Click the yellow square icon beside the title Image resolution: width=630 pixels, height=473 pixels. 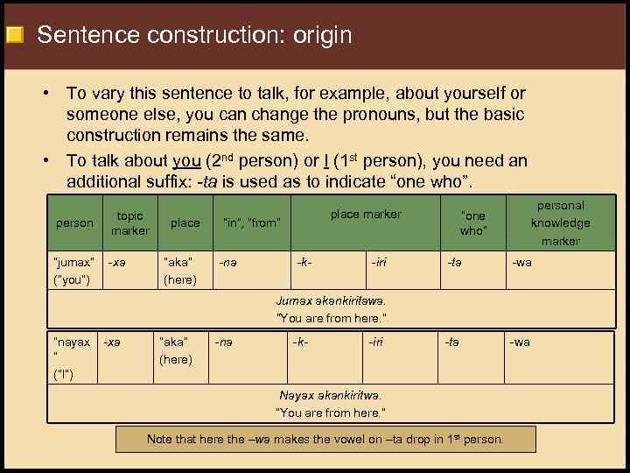[14, 36]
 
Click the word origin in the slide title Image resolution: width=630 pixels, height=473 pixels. [311, 35]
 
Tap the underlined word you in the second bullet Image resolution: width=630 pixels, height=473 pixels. [186, 160]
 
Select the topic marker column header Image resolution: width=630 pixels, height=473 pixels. [129, 222]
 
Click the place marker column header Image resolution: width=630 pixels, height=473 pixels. [366, 214]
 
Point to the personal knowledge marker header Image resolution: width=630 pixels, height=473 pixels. [560, 222]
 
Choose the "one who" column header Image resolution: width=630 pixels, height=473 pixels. [472, 222]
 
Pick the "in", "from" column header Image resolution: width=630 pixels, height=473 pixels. [252, 222]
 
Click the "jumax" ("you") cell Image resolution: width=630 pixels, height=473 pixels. [73, 270]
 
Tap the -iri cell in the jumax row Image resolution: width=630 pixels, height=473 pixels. [379, 261]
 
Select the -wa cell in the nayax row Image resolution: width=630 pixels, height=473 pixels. [520, 342]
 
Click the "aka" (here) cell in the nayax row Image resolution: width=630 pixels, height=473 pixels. [175, 350]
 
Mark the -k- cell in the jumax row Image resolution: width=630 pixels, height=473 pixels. [304, 261]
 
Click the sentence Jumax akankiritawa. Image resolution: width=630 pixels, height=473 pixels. [331, 300]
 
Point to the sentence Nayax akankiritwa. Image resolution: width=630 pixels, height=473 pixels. [330, 395]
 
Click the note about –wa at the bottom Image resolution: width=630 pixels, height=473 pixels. [325, 439]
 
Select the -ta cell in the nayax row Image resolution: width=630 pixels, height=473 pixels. [451, 342]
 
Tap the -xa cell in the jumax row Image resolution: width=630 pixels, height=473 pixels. [114, 261]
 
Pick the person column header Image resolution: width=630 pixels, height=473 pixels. [74, 222]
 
